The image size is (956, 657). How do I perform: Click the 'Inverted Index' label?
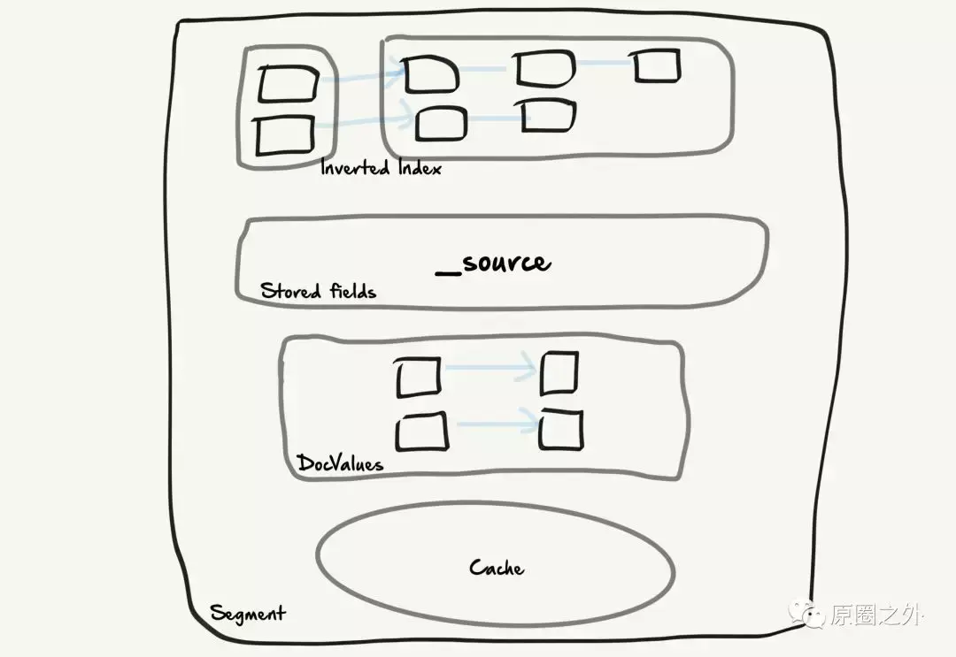pos(381,167)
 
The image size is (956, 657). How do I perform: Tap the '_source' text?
pos(493,263)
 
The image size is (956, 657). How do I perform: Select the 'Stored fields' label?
pos(318,290)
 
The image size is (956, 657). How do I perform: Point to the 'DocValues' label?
pos(340,462)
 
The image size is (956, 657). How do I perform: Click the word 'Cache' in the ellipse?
pos(497,567)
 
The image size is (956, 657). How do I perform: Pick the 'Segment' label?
pos(247,613)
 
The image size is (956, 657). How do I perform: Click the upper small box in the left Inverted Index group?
pos(289,85)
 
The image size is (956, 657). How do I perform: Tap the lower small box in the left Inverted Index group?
pos(284,136)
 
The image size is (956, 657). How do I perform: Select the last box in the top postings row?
pos(657,66)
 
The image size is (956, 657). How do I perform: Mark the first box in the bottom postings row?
pos(441,123)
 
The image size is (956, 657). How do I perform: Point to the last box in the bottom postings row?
pos(548,116)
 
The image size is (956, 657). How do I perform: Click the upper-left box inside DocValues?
pos(418,377)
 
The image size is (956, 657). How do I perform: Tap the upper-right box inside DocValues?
pos(559,372)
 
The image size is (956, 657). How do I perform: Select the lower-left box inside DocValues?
pos(421,432)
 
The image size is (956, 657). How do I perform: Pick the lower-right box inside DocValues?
pos(561,431)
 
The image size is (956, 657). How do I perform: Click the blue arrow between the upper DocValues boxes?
pos(489,367)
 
